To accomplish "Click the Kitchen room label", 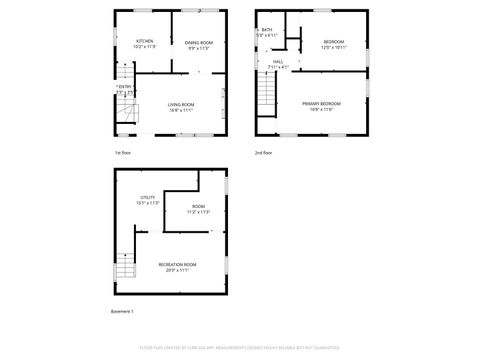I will point(145,41).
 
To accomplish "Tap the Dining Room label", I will point(198,42).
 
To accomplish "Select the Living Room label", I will point(181,104).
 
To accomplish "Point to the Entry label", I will point(125,87).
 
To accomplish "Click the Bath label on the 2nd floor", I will point(267,30).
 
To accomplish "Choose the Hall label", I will point(277,61).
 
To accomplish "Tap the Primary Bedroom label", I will point(322,103).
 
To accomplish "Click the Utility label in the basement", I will point(147,197).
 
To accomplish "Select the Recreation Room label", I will point(177,264).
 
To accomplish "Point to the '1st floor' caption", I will point(123,153).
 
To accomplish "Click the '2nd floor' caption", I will point(263,153).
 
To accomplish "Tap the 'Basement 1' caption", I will point(122,312).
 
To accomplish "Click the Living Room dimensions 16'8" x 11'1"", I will point(181,110).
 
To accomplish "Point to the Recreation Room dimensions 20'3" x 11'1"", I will point(177,270).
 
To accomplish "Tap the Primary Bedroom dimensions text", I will point(322,109).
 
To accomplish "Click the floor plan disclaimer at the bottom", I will point(240,349).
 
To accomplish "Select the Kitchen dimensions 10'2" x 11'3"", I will point(145,47).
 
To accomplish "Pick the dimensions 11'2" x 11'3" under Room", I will point(198,212).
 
